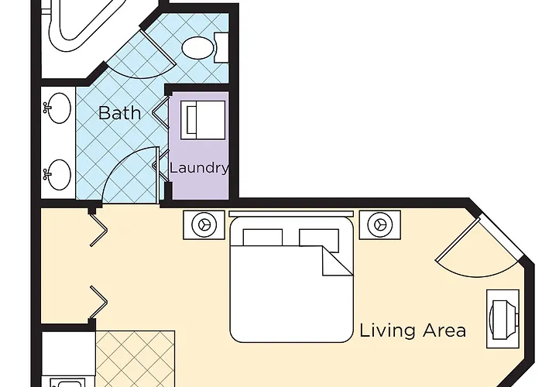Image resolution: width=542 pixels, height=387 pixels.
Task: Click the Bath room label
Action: (119, 113)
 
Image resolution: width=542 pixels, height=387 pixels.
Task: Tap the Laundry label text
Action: (200, 168)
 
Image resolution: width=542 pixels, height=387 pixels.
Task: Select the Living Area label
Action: (413, 330)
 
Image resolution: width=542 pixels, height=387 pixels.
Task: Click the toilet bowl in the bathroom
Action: (197, 48)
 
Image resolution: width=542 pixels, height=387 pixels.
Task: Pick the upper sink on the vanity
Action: (58, 108)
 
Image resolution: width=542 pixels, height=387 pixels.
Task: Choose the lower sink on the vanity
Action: (58, 175)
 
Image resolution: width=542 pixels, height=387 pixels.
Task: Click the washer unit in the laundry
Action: (203, 120)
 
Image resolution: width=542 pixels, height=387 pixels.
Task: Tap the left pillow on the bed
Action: (262, 237)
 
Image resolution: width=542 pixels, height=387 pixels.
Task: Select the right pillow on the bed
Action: (319, 239)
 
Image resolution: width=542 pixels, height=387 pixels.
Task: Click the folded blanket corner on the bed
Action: (338, 261)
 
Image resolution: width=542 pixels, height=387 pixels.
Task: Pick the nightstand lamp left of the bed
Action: (204, 225)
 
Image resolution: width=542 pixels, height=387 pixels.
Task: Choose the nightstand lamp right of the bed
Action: (380, 225)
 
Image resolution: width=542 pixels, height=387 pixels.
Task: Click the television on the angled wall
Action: (503, 319)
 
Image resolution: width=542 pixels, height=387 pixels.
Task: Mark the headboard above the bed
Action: (291, 214)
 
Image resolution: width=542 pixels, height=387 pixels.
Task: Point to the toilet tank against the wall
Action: (221, 48)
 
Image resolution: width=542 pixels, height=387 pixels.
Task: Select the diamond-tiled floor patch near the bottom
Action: (135, 358)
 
